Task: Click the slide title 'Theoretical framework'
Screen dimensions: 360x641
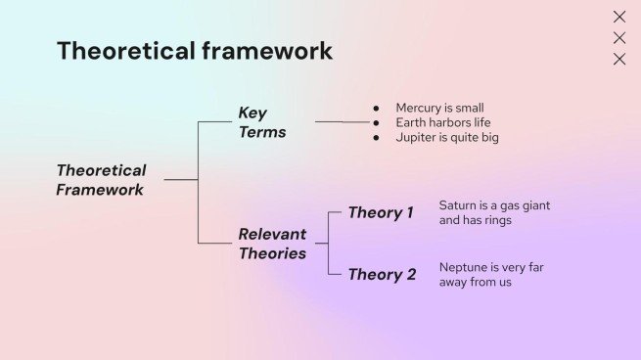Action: [194, 51]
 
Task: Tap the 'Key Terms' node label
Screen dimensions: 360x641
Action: [261, 122]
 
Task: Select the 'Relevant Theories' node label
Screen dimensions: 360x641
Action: [272, 244]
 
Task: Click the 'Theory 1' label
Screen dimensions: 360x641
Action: [381, 213]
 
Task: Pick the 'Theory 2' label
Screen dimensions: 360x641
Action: [382, 274]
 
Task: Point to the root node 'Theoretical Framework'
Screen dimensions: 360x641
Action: [101, 180]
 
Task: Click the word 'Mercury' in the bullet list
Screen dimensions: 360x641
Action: [418, 108]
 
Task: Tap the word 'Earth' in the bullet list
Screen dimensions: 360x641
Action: [412, 122]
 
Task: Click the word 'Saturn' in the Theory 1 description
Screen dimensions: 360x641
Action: [458, 205]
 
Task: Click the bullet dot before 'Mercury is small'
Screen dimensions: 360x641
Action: [376, 108]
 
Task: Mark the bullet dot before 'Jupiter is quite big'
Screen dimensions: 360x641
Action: [376, 138]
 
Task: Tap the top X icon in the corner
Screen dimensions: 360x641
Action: [618, 17]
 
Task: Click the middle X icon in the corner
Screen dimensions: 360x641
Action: [618, 38]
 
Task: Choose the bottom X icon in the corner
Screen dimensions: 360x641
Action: [618, 59]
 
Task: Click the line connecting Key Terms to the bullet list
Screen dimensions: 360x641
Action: [343, 122]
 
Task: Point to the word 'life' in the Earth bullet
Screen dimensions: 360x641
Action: [481, 122]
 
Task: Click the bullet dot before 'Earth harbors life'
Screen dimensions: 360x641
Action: [376, 122]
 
